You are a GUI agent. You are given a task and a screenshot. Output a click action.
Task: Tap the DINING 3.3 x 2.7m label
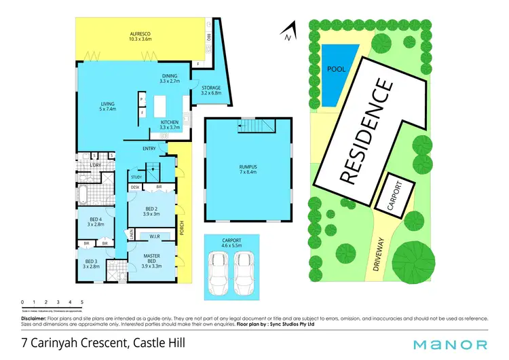tap(169, 79)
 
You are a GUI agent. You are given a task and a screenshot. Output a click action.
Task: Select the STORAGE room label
tap(211, 91)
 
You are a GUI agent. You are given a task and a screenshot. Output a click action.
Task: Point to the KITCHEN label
tap(169, 125)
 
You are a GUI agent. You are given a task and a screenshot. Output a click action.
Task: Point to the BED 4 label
tap(96, 221)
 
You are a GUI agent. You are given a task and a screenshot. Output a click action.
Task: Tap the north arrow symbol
tap(289, 30)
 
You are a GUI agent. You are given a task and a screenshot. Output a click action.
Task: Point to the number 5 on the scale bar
tap(82, 302)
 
